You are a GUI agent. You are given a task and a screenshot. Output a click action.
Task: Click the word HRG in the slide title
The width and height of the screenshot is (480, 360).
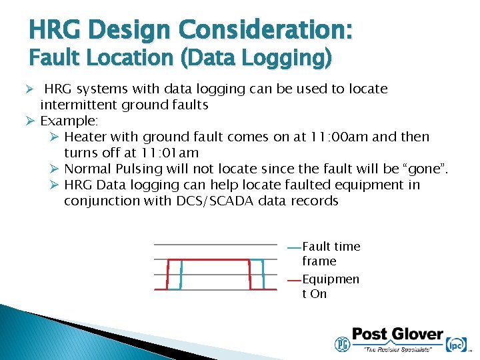click(x=56, y=30)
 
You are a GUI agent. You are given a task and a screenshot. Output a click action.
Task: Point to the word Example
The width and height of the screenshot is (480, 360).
click(x=69, y=121)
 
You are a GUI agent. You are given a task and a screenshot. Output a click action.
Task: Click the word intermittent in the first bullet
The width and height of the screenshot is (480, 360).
click(x=80, y=105)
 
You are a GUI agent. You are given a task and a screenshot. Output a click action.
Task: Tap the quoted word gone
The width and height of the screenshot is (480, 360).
click(x=425, y=169)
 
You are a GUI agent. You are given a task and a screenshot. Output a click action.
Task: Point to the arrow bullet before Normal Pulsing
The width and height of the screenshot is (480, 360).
click(x=55, y=169)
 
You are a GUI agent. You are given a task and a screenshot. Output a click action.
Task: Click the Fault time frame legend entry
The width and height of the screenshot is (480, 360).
click(x=330, y=253)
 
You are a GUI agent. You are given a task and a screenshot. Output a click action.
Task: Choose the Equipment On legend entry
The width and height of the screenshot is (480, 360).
click(x=330, y=286)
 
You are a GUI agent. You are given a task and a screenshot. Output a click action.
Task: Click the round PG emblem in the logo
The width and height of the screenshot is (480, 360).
click(x=341, y=343)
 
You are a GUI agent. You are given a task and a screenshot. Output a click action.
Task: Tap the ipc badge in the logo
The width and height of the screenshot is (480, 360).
click(x=456, y=343)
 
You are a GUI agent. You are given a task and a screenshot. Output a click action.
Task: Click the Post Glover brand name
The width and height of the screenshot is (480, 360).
click(x=397, y=335)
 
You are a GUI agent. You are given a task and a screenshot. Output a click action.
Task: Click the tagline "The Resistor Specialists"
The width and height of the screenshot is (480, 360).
click(x=397, y=349)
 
